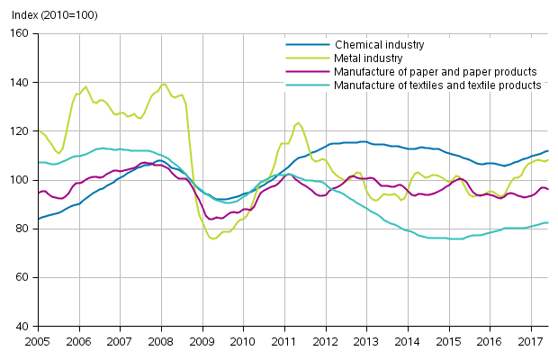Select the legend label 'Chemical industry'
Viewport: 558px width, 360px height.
tap(379, 44)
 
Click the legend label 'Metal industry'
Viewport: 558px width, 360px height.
tap(369, 58)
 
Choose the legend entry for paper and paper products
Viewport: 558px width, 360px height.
tap(436, 71)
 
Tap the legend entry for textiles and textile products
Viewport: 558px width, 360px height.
tap(437, 85)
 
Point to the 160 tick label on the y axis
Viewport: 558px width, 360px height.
tap(19, 34)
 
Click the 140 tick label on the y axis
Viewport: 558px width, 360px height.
tap(19, 83)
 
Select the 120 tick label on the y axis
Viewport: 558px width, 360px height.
tap(19, 131)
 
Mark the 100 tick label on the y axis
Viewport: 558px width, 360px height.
tap(19, 180)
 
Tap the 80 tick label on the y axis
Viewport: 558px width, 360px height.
tap(22, 229)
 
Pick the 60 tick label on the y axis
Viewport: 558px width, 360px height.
tap(22, 277)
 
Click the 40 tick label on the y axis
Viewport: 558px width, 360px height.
tap(22, 326)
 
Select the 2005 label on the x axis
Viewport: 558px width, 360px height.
tap(37, 342)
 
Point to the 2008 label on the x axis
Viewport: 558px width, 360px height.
tap(160, 342)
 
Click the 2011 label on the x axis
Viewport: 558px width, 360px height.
tap(284, 342)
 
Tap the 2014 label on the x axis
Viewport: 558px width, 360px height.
tap(408, 342)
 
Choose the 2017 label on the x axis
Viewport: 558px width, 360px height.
tap(531, 342)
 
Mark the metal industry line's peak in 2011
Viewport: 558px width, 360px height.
tap(298, 122)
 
